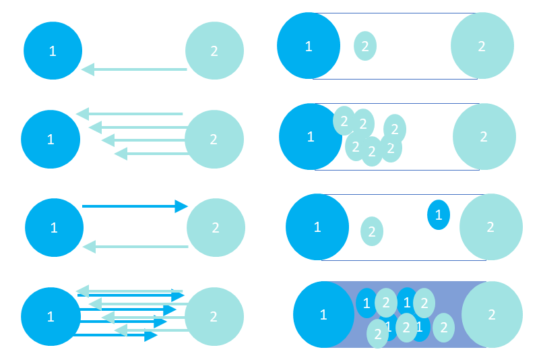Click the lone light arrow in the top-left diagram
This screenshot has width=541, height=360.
[135, 69]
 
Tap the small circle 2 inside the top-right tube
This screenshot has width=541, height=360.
[365, 46]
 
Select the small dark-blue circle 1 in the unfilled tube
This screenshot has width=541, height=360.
[439, 214]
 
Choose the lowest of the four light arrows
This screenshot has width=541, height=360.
[152, 154]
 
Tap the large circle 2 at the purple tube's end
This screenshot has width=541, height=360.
[492, 314]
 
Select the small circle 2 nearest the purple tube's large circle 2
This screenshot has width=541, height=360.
[443, 328]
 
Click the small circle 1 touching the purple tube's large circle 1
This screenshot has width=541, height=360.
[366, 303]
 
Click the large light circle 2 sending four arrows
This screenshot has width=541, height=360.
[214, 140]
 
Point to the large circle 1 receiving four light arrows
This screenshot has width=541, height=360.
[51, 140]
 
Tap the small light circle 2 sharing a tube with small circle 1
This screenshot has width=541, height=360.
[372, 231]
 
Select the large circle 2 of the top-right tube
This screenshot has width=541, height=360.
[482, 46]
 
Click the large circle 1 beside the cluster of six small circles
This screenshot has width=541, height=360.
[310, 137]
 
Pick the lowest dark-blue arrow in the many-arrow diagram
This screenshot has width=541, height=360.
[115, 335]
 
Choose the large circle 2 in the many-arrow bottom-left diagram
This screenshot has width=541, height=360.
[214, 317]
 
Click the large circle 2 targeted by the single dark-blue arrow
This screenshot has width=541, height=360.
[216, 228]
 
